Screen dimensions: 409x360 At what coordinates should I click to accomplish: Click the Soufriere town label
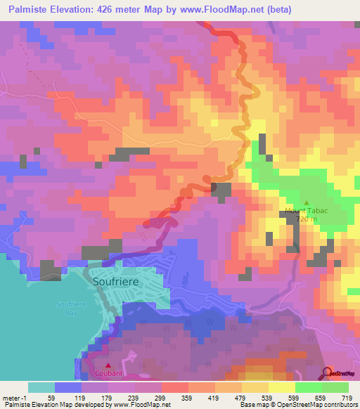(x=116, y=281)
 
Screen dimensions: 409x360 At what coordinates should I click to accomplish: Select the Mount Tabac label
(x=307, y=211)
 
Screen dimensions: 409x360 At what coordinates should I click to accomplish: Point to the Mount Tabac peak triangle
(x=306, y=202)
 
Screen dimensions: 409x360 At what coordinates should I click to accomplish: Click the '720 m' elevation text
(x=307, y=219)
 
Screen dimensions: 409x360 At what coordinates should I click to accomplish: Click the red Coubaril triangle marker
(x=108, y=365)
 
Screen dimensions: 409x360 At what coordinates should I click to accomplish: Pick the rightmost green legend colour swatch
(x=335, y=387)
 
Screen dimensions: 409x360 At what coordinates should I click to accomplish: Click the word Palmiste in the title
(x=29, y=9)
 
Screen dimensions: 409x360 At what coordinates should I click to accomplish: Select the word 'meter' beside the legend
(x=13, y=397)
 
